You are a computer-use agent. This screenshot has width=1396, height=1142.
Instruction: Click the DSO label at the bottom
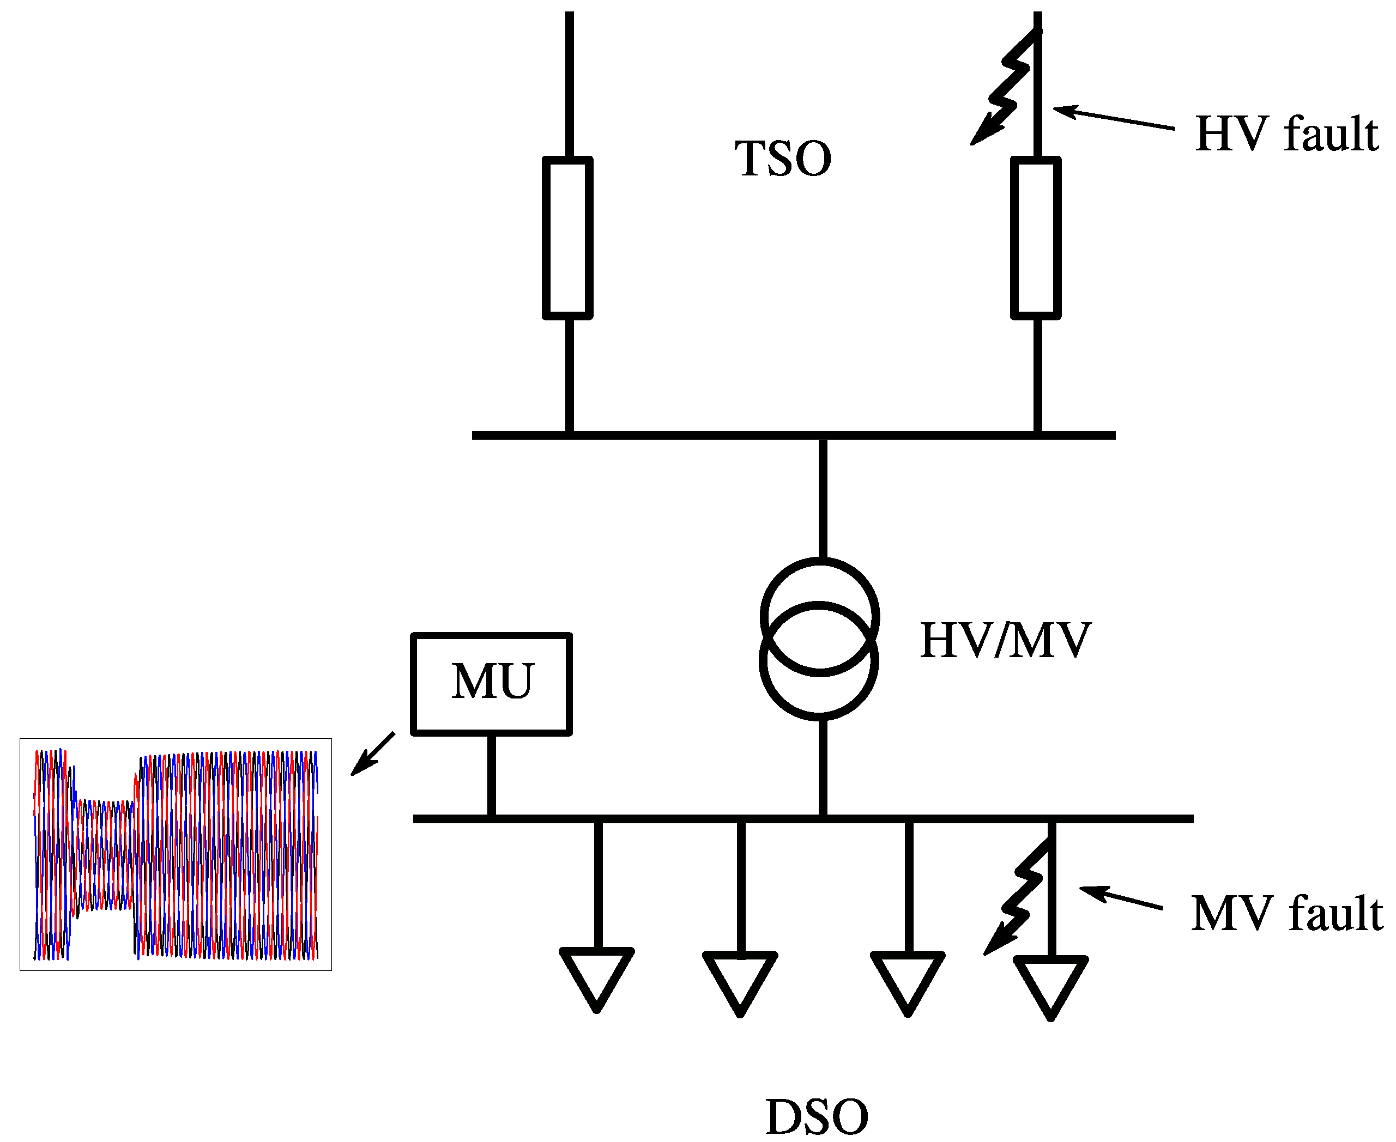coord(816,1117)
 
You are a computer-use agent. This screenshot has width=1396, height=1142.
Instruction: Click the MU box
coord(491,683)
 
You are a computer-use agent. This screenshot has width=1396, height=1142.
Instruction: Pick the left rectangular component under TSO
coord(567,238)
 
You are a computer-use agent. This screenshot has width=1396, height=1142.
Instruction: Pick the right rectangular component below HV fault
coord(1035,238)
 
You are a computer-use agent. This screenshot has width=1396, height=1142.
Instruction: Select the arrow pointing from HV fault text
coord(1113,118)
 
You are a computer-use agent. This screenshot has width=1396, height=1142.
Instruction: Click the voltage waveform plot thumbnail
coord(176,854)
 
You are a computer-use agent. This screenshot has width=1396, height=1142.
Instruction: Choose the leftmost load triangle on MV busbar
coord(596,977)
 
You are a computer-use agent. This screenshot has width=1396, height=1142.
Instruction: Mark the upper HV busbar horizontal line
coord(793,435)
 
